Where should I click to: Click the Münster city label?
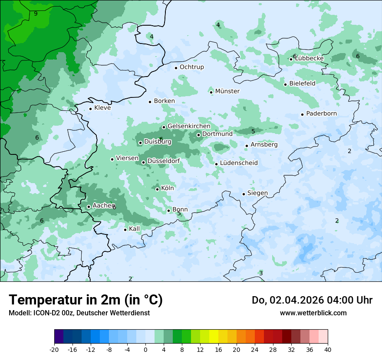227,91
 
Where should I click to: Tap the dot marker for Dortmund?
198,135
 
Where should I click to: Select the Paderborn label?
321,114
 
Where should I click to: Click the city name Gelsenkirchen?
189,126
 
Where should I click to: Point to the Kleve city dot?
90,109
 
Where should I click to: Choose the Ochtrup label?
191,67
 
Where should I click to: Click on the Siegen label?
257,193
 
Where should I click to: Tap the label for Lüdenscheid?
239,163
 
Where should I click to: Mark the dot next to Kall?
125,230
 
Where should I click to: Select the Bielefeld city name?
302,83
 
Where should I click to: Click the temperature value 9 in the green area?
36,13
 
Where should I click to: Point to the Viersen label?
127,158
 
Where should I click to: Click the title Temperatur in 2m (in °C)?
86,300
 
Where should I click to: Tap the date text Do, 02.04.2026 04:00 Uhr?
312,300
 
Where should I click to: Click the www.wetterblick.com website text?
313,313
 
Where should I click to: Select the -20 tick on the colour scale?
54,349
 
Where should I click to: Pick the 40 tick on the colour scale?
327,349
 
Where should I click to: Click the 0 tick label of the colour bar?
145,349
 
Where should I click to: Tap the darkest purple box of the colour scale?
59,337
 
